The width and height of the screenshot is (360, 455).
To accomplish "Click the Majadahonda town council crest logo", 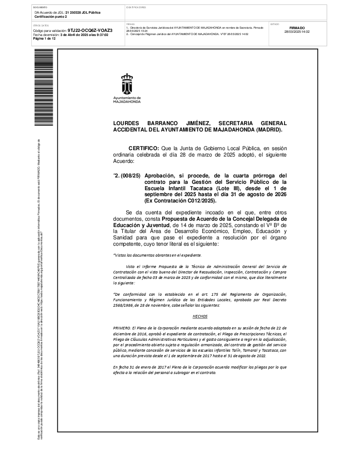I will click(127, 83).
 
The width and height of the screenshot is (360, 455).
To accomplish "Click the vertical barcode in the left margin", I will click(43, 86).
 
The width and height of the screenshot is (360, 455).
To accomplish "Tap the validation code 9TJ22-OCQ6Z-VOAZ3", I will click(90, 31).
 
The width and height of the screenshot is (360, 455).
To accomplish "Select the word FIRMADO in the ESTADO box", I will click(297, 28).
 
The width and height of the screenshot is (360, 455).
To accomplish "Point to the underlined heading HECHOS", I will click(200, 315).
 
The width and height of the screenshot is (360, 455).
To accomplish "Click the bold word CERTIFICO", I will click(144, 148).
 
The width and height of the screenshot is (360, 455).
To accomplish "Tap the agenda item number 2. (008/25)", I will click(127, 175).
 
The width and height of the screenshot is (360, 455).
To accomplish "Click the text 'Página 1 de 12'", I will click(45, 39).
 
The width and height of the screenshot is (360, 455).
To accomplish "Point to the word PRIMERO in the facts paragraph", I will click(122, 328).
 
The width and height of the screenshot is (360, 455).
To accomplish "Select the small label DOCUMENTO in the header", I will click(40, 8).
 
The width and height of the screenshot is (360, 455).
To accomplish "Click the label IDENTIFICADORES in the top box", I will click(136, 8).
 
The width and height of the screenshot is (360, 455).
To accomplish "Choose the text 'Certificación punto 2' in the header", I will click(51, 16).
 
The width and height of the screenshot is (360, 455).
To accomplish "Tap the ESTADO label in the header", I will click(275, 24).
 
